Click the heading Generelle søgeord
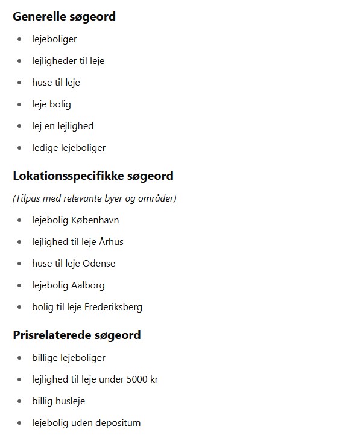point(64,17)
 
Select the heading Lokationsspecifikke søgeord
point(93,176)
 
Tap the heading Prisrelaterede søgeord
point(77,335)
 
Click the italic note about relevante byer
point(95,198)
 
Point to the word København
point(95,220)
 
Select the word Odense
point(99,264)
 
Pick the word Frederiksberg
point(113,307)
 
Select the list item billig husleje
point(58,401)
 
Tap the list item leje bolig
point(51,104)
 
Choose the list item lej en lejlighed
point(63,126)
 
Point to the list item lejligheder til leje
point(68,61)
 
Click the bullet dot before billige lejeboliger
point(19,358)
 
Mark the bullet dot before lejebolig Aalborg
point(19,285)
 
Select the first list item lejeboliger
point(54,39)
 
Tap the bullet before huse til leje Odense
point(19,264)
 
